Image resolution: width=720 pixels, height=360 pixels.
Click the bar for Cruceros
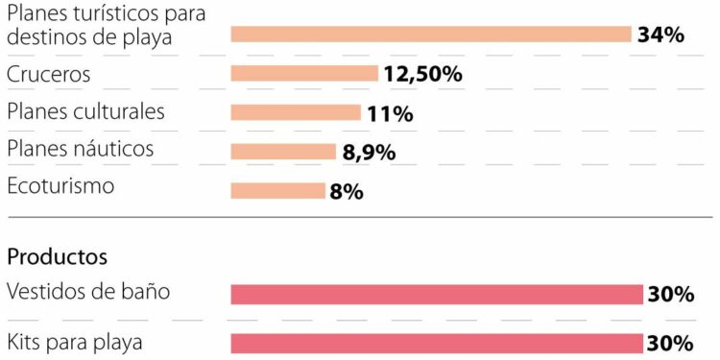(x=304, y=73)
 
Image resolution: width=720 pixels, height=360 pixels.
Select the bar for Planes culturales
(x=296, y=112)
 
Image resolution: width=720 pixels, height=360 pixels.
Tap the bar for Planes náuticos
(x=283, y=151)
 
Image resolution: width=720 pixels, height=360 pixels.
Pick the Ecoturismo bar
(x=277, y=190)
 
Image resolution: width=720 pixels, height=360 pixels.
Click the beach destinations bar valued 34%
(x=430, y=35)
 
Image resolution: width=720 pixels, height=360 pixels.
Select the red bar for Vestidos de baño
(x=436, y=294)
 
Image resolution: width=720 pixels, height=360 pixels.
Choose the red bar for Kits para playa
(x=436, y=343)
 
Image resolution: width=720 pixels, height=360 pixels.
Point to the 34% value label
(x=660, y=36)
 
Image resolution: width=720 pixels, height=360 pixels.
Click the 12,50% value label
(x=422, y=74)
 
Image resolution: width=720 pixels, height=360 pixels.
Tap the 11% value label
(x=390, y=114)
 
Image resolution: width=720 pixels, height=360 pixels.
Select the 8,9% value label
(x=369, y=152)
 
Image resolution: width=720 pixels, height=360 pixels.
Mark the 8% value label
(x=346, y=192)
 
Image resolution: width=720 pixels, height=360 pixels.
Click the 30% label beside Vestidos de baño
(x=670, y=295)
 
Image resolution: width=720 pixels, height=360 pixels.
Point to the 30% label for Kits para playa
(x=670, y=344)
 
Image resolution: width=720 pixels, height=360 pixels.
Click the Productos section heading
(x=57, y=257)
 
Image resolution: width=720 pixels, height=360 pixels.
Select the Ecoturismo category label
(x=60, y=185)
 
